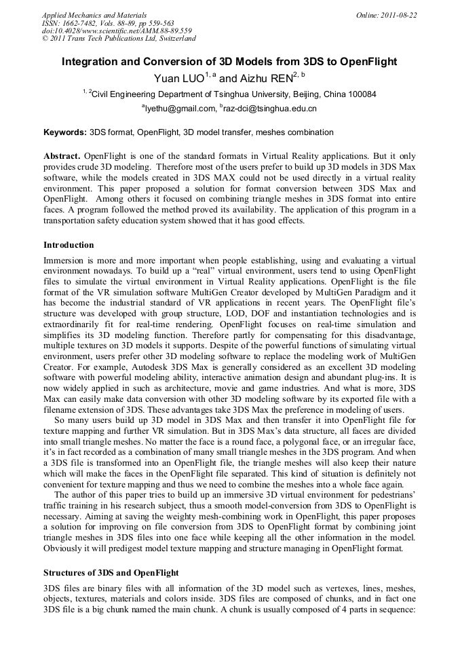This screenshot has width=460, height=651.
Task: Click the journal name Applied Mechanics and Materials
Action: [x=94, y=15]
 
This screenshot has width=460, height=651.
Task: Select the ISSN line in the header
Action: [x=108, y=23]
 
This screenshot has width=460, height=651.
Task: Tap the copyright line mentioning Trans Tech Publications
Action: [x=119, y=38]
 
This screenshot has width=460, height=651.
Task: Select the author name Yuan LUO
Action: [x=179, y=79]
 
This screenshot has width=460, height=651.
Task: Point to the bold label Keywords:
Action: [x=65, y=132]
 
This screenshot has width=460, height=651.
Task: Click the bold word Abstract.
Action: [x=62, y=156]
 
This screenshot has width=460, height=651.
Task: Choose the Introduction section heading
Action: [x=69, y=244]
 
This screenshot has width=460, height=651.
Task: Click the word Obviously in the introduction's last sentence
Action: [x=66, y=548]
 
